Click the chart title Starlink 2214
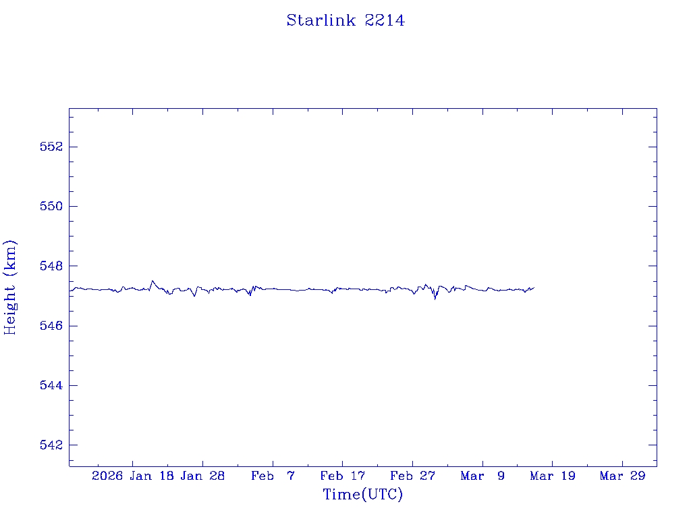345,21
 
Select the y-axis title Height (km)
10,287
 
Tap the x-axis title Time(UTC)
362,495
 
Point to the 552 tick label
49,147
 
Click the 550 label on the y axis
49,206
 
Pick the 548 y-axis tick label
49,266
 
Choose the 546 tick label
49,326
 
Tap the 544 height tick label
49,385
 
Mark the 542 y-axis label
49,445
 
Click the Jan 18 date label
152,476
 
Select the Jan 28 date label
202,476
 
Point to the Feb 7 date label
273,476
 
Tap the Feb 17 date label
342,476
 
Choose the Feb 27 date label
412,476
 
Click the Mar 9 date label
482,476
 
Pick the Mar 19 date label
553,476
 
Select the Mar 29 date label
622,476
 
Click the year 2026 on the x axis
107,476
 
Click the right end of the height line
534,288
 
